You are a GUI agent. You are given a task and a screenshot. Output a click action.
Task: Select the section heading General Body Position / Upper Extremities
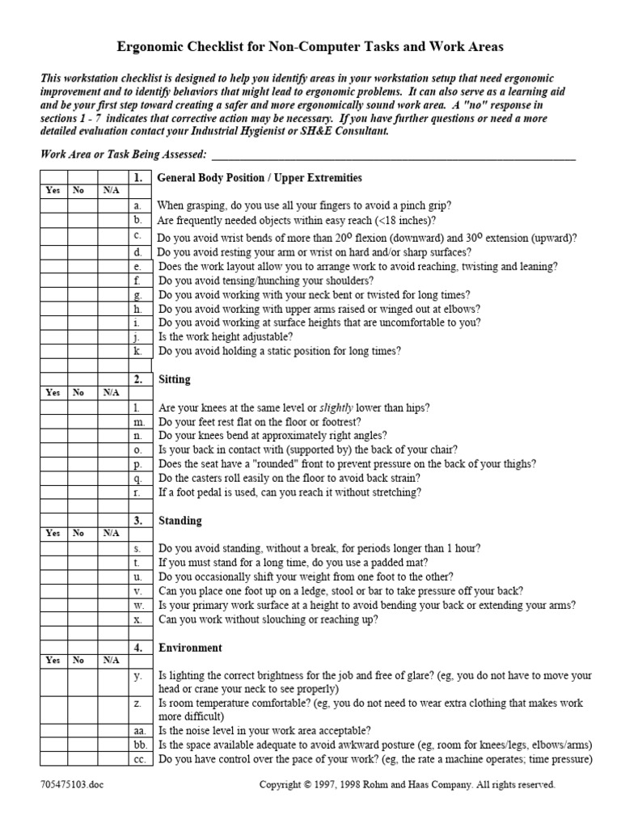(259, 177)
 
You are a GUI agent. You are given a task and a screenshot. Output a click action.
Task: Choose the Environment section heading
(190, 648)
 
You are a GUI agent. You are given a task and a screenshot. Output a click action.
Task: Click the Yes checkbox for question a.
(53, 206)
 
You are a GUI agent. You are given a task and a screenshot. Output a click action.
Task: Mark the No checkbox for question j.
(81, 336)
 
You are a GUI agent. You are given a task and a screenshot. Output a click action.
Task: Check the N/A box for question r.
(110, 492)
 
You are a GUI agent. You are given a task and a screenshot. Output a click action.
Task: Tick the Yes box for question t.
(53, 562)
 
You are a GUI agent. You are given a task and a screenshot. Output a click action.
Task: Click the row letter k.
(137, 352)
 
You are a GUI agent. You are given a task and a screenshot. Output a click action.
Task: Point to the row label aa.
(139, 730)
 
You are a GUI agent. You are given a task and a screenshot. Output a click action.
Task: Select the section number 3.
(138, 521)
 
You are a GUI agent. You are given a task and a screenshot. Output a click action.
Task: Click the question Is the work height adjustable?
(226, 336)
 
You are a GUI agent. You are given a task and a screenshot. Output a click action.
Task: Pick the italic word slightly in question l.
(336, 408)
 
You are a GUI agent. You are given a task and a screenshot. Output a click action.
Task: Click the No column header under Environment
(78, 660)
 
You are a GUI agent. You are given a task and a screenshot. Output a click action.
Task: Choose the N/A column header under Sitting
(110, 392)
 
